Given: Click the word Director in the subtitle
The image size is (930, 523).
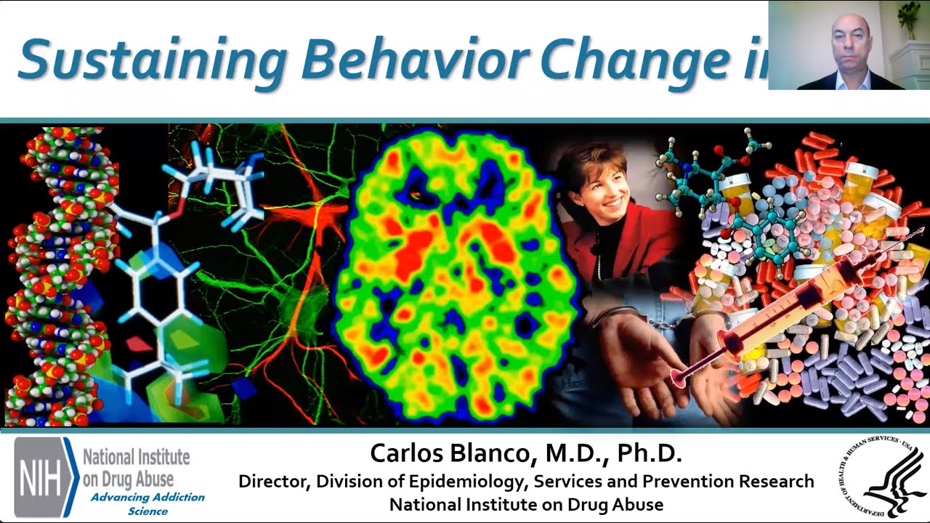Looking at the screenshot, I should [x=273, y=482].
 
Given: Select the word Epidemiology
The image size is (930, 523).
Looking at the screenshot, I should [x=451, y=482].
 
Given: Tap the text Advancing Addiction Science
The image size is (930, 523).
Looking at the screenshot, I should [x=147, y=504].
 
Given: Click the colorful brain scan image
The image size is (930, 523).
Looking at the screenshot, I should [x=455, y=276].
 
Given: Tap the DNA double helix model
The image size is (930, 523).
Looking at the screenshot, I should [x=62, y=276].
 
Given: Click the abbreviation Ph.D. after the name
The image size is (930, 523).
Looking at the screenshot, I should [x=650, y=454].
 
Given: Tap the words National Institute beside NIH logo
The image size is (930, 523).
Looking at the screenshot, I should [x=136, y=458].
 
